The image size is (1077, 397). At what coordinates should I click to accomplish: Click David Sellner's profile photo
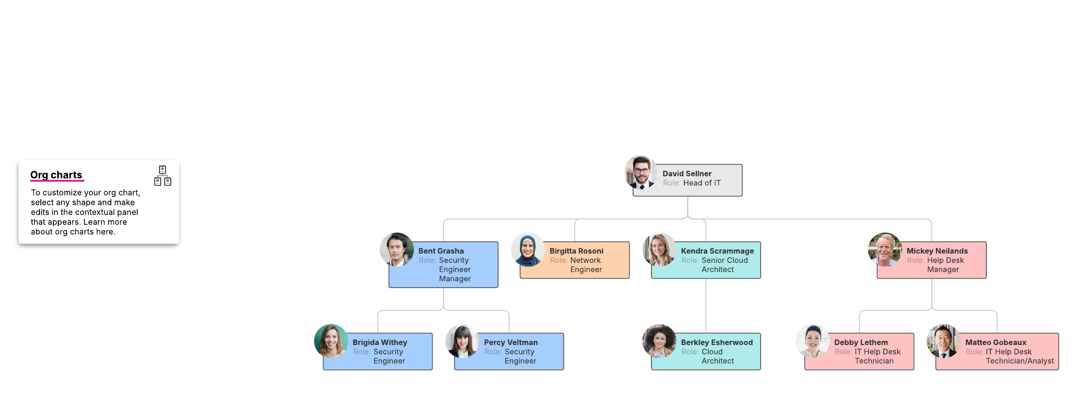pyautogui.click(x=641, y=172)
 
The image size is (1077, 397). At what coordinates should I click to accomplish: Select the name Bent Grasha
pyautogui.click(x=441, y=251)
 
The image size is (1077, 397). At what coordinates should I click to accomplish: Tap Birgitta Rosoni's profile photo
pyautogui.click(x=528, y=250)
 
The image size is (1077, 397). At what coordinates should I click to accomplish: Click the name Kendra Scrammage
pyautogui.click(x=717, y=251)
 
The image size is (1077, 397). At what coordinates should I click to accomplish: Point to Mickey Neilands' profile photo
pyautogui.click(x=884, y=250)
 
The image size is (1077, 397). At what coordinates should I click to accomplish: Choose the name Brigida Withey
pyautogui.click(x=380, y=342)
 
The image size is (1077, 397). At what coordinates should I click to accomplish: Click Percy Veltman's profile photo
pyautogui.click(x=462, y=341)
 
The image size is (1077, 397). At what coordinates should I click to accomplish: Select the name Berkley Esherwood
pyautogui.click(x=717, y=342)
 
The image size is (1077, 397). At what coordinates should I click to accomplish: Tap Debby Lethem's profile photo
pyautogui.click(x=813, y=341)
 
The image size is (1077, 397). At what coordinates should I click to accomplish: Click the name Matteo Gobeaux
pyautogui.click(x=995, y=342)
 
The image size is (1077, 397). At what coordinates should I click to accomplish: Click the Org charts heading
pyautogui.click(x=56, y=175)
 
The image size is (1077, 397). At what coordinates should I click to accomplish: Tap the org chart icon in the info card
pyautogui.click(x=162, y=175)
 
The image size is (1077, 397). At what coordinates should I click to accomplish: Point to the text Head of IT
pyautogui.click(x=702, y=183)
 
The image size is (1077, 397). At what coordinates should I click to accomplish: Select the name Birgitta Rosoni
pyautogui.click(x=576, y=251)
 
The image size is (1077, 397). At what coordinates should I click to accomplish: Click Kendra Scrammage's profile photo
pyautogui.click(x=659, y=250)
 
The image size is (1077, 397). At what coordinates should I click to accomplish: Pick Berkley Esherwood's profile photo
pyautogui.click(x=659, y=341)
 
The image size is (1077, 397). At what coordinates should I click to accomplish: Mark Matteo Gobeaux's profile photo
pyautogui.click(x=944, y=341)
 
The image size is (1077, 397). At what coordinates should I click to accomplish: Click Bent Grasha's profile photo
pyautogui.click(x=397, y=250)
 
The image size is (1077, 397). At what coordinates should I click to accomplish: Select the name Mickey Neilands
pyautogui.click(x=937, y=251)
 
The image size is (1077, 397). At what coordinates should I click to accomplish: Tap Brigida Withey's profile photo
pyautogui.click(x=331, y=341)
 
